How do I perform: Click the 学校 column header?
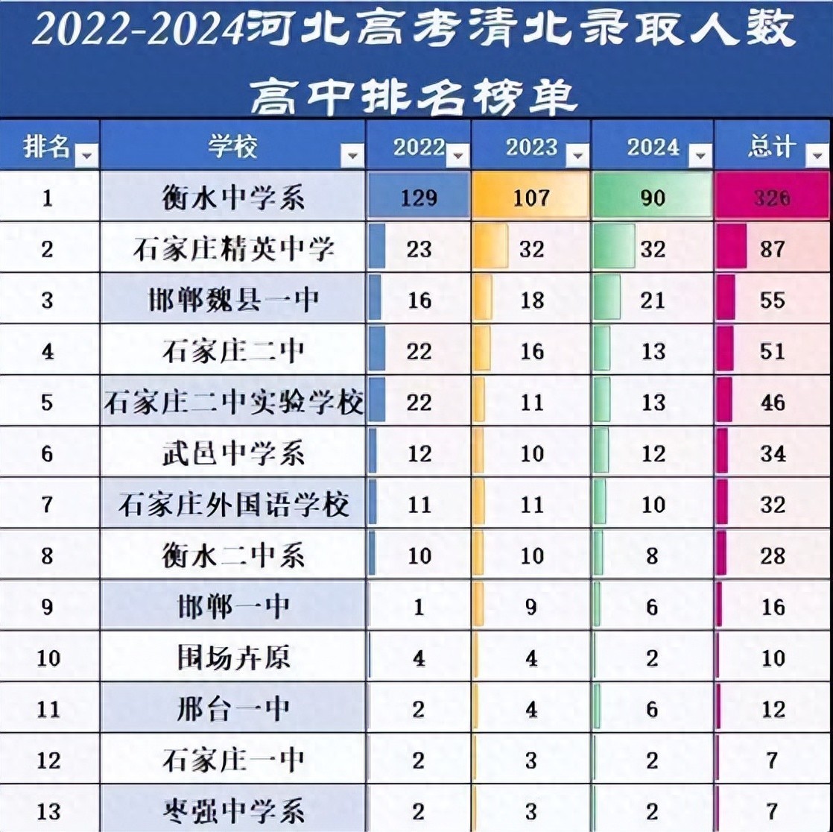point(232,148)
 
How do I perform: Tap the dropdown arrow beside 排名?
point(86,154)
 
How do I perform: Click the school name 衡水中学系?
point(232,198)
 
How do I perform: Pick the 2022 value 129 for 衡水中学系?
point(419,198)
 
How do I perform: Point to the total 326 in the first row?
point(772,198)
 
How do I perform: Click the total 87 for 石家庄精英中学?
point(773,248)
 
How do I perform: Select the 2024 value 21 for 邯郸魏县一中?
point(653,299)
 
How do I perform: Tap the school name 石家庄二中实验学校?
point(232,403)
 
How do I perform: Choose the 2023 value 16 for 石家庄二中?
point(532,350)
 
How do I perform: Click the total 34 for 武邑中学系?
point(773,453)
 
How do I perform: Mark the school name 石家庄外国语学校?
point(232,505)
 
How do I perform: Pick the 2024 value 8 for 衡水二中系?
point(653,556)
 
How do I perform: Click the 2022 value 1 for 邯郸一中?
point(419,608)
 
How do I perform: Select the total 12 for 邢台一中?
point(773,709)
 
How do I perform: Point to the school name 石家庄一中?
point(232,760)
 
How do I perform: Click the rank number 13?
point(48,811)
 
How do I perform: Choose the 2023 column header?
point(531,148)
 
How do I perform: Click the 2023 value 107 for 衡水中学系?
point(531,198)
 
